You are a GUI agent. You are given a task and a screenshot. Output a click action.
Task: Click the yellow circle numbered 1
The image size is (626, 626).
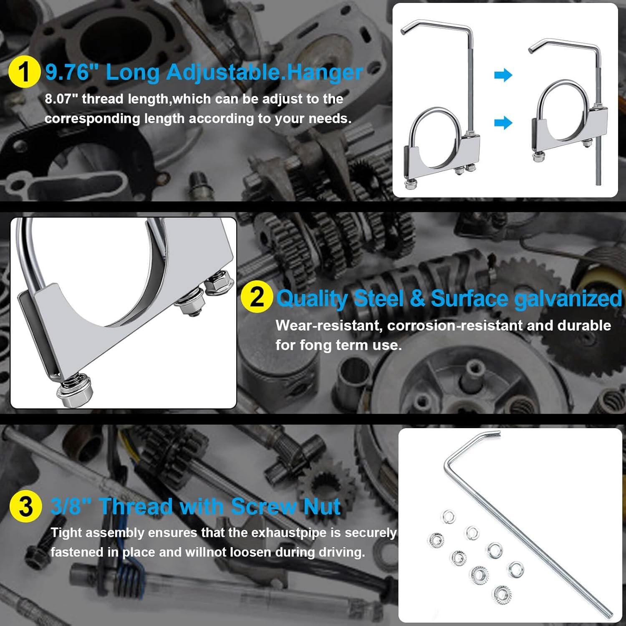24,72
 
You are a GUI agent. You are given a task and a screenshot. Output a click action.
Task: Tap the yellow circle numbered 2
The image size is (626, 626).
257,297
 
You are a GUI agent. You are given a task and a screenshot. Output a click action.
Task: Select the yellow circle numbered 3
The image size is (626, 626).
25,506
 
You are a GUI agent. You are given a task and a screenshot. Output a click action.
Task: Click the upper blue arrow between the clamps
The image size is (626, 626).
503,76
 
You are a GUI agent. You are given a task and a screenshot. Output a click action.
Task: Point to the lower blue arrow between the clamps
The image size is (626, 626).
503,123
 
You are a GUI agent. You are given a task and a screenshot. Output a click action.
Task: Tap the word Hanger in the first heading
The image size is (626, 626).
325,73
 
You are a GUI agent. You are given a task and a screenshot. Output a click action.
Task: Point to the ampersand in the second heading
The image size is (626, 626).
417,298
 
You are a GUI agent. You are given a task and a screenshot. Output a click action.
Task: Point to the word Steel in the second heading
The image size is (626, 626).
379,298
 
